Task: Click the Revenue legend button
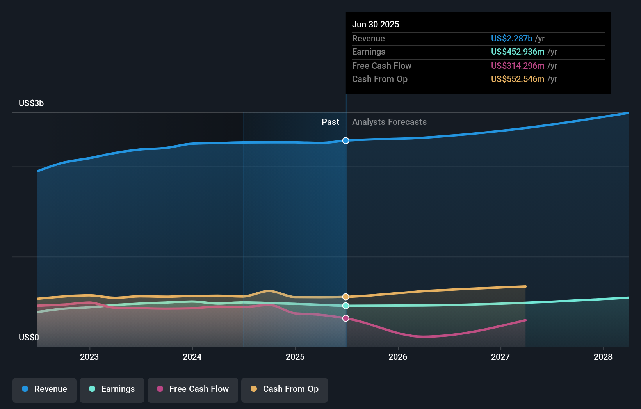click(x=45, y=389)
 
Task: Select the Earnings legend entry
click(x=112, y=389)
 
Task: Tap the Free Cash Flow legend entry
click(x=193, y=389)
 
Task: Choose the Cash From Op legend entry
click(x=285, y=389)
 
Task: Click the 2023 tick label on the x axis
click(x=89, y=357)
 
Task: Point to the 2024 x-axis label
click(x=192, y=357)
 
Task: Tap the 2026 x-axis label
click(x=398, y=357)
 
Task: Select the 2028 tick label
click(x=603, y=357)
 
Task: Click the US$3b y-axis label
click(x=31, y=103)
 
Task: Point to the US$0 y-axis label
click(x=29, y=337)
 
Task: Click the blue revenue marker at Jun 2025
click(x=346, y=140)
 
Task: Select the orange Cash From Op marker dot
click(x=346, y=297)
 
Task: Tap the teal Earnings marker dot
click(x=346, y=306)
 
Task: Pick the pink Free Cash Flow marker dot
click(x=346, y=318)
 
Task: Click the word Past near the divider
click(x=330, y=122)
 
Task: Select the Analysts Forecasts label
click(x=389, y=122)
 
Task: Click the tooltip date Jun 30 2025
click(x=376, y=25)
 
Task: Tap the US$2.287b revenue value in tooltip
click(x=511, y=39)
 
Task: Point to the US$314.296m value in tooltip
click(x=518, y=66)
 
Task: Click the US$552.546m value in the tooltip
click(x=518, y=79)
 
